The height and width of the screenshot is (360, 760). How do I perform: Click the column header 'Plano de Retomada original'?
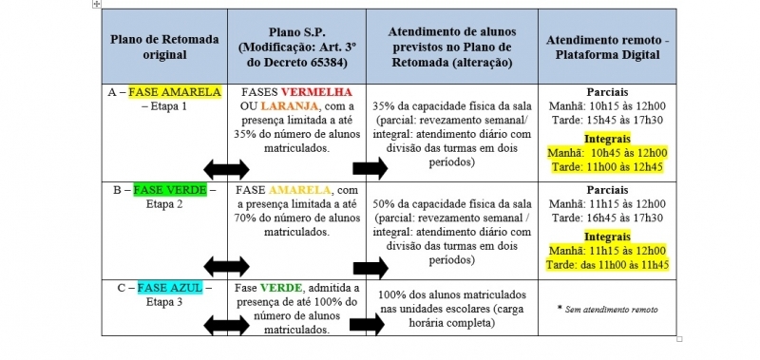tap(164, 47)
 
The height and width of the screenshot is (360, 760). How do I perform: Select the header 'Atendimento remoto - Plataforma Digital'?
tap(607, 47)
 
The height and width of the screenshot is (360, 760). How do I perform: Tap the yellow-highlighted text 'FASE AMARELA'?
tap(175, 92)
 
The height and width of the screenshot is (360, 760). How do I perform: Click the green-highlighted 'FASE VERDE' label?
tap(170, 189)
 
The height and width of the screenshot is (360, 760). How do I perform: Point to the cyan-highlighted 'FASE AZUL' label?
tap(170, 288)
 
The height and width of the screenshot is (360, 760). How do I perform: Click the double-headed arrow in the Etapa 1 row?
tap(226, 169)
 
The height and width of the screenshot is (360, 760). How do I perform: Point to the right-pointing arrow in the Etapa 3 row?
tap(367, 325)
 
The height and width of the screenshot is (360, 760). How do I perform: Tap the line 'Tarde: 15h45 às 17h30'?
tap(607, 121)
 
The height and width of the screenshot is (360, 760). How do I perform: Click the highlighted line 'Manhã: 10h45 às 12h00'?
tap(607, 154)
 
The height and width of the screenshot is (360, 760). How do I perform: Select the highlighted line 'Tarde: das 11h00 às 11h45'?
tap(607, 265)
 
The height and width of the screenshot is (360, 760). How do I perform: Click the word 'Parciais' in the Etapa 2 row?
tap(607, 190)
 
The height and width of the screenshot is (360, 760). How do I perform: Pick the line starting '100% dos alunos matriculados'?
tap(452, 294)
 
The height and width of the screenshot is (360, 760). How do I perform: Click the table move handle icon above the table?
tap(97, 4)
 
